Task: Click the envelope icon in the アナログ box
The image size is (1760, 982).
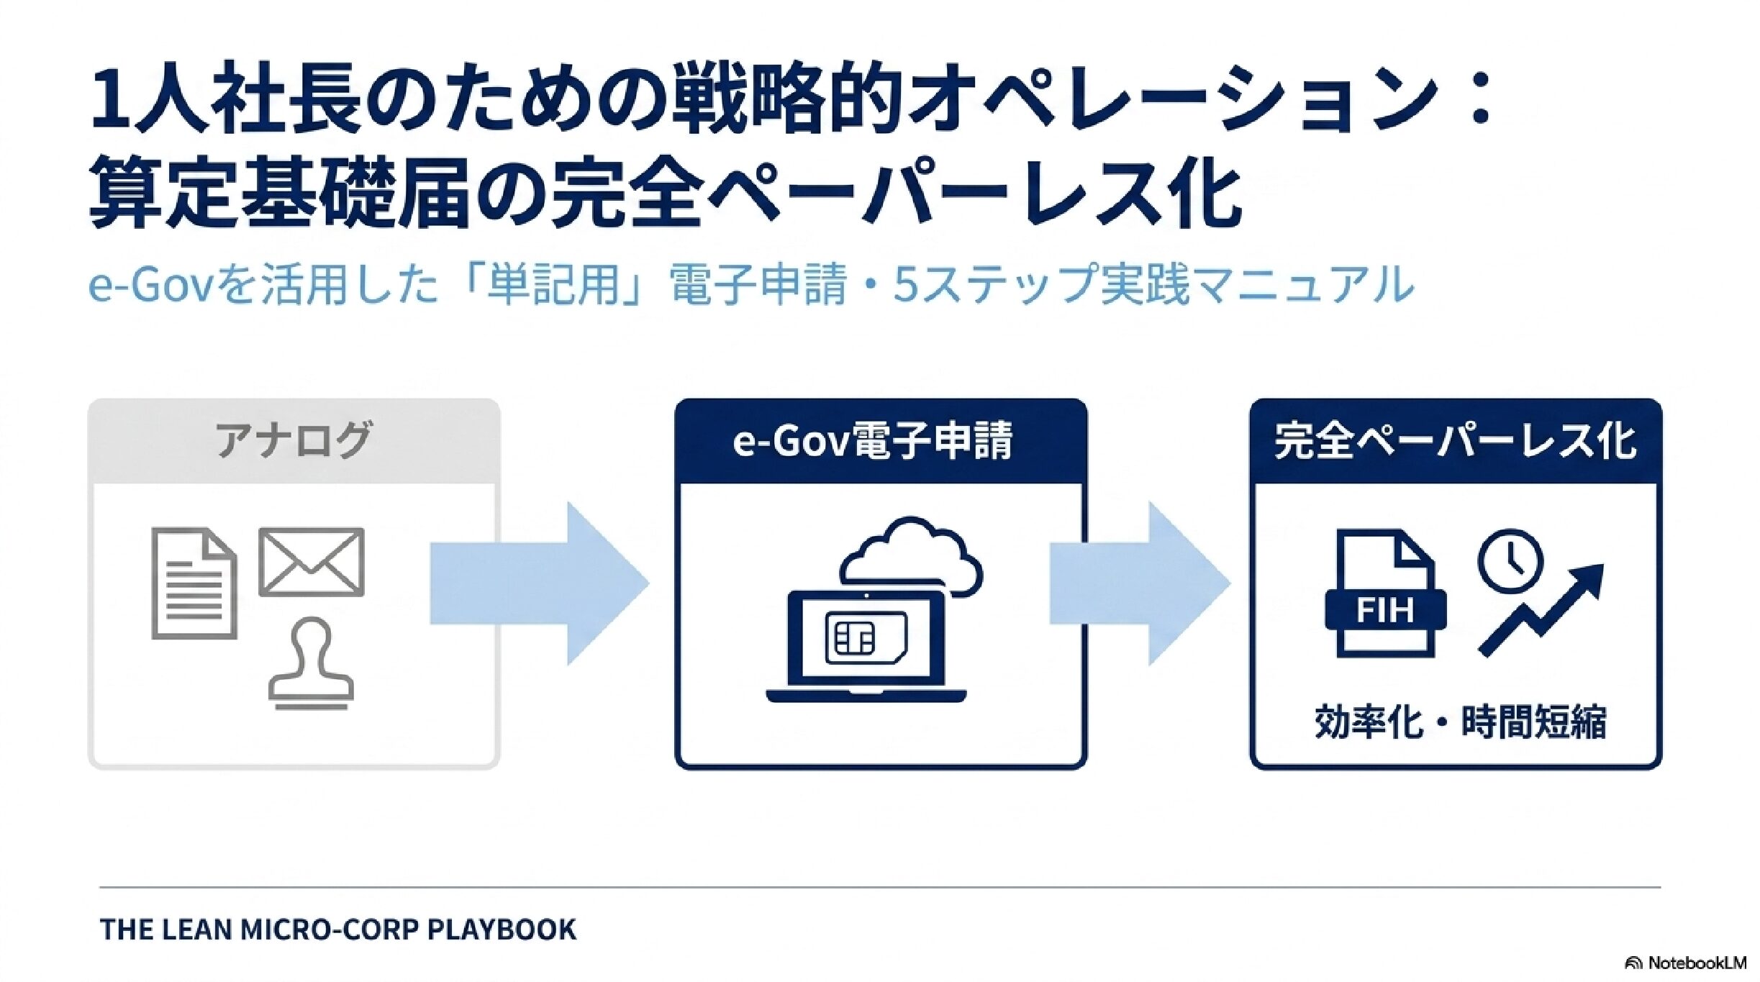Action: pyautogui.click(x=311, y=562)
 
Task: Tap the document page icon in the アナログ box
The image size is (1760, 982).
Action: pyautogui.click(x=194, y=583)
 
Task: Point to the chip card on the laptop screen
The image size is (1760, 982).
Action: pyautogui.click(x=866, y=637)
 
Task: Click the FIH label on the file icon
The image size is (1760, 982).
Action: pyautogui.click(x=1385, y=612)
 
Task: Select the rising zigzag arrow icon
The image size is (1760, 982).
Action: pyautogui.click(x=1541, y=609)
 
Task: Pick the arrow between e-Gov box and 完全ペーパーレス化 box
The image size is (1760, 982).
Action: pyautogui.click(x=1140, y=583)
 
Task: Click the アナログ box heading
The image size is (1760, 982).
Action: pyautogui.click(x=294, y=440)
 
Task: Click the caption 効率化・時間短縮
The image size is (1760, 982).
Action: pyautogui.click(x=1461, y=722)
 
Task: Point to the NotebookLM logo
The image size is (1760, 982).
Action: pyautogui.click(x=1684, y=963)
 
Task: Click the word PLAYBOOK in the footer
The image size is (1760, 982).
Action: pyautogui.click(x=502, y=929)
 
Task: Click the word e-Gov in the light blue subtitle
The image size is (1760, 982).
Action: pyautogui.click(x=151, y=286)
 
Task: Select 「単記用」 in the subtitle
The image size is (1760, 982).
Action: pyautogui.click(x=553, y=284)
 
